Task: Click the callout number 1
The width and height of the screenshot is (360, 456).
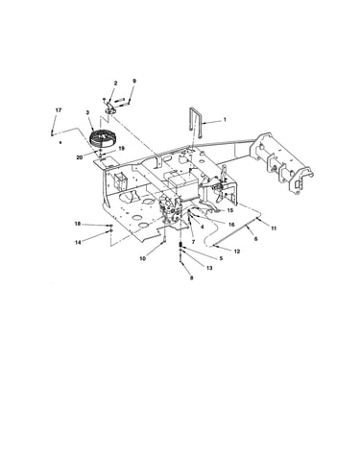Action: pyautogui.click(x=225, y=120)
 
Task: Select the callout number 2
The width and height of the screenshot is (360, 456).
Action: pyautogui.click(x=115, y=84)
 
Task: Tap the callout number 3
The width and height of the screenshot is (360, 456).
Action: pyautogui.click(x=87, y=112)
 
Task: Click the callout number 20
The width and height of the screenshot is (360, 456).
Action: pyautogui.click(x=80, y=157)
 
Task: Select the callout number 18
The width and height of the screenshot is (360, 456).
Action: pyautogui.click(x=78, y=224)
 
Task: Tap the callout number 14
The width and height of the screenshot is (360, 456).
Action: pyautogui.click(x=78, y=242)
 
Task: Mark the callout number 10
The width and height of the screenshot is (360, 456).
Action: pyautogui.click(x=143, y=258)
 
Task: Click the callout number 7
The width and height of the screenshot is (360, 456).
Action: pyautogui.click(x=193, y=242)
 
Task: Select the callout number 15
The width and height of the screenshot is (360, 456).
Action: pyautogui.click(x=230, y=210)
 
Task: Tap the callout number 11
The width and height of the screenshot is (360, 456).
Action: pyautogui.click(x=274, y=228)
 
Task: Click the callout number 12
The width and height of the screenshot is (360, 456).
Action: pyautogui.click(x=237, y=252)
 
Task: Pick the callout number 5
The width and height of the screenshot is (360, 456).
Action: pyautogui.click(x=221, y=258)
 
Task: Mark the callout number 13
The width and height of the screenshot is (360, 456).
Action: pyautogui.click(x=209, y=268)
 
